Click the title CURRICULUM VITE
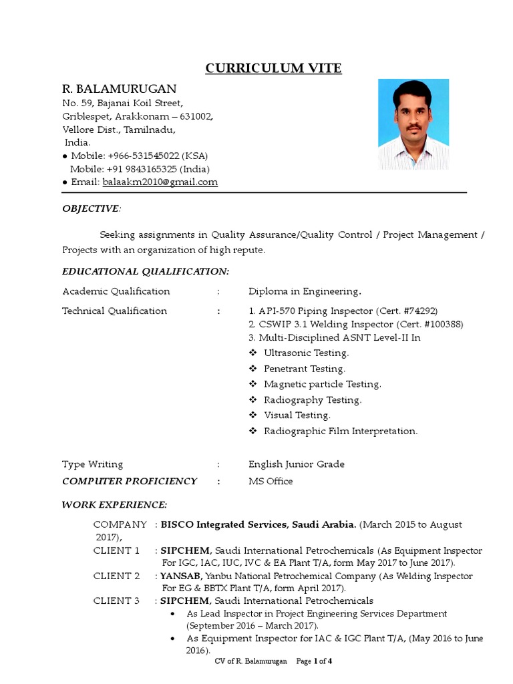(x=273, y=68)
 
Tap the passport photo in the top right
(x=413, y=124)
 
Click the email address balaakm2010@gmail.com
(x=160, y=182)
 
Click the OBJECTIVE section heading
(x=91, y=209)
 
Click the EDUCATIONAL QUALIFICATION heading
(x=145, y=271)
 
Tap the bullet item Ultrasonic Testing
(x=306, y=353)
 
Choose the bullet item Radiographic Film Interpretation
(x=340, y=431)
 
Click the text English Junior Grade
(x=297, y=464)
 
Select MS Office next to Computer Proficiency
(x=271, y=481)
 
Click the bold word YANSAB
(x=181, y=576)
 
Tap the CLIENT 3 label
(x=116, y=601)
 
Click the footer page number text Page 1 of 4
(x=314, y=661)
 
